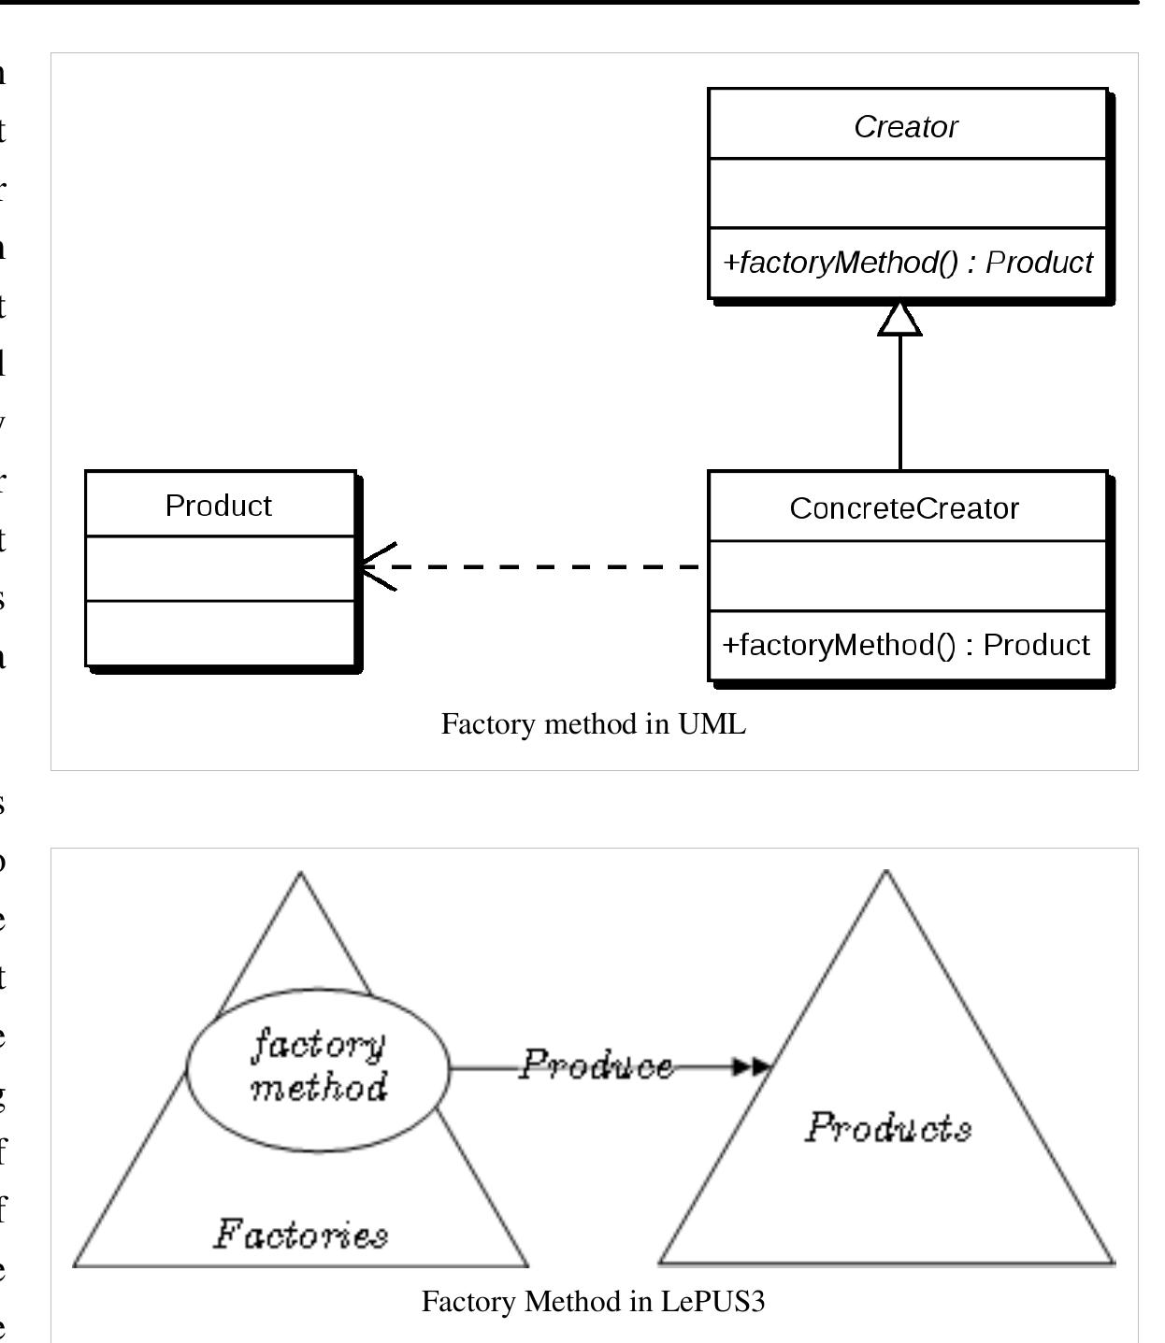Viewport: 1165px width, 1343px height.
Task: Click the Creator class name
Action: (x=905, y=126)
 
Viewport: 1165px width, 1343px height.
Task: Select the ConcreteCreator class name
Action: (x=903, y=507)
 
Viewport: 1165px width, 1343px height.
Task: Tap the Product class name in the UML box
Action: (x=218, y=505)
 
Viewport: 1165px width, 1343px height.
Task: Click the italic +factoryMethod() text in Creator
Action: (x=907, y=263)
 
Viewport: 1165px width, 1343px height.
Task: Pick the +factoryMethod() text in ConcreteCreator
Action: (x=905, y=645)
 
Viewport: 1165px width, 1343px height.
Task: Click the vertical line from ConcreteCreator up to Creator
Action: (x=899, y=402)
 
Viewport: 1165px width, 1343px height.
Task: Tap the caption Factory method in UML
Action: (x=593, y=723)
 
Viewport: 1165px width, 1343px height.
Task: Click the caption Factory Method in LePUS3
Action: (x=593, y=1301)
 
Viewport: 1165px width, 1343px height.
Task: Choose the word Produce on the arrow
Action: (x=596, y=1064)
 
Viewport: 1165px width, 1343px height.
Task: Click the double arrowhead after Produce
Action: (x=752, y=1065)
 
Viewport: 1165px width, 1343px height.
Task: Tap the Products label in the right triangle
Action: (x=887, y=1127)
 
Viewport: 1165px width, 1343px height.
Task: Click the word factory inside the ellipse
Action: (x=318, y=1044)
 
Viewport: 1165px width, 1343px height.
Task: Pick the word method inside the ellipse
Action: (x=318, y=1087)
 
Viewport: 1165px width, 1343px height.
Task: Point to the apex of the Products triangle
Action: (x=885, y=874)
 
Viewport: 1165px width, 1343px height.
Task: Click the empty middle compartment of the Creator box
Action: (x=907, y=193)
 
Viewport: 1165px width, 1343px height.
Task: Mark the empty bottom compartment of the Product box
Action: (x=220, y=633)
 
